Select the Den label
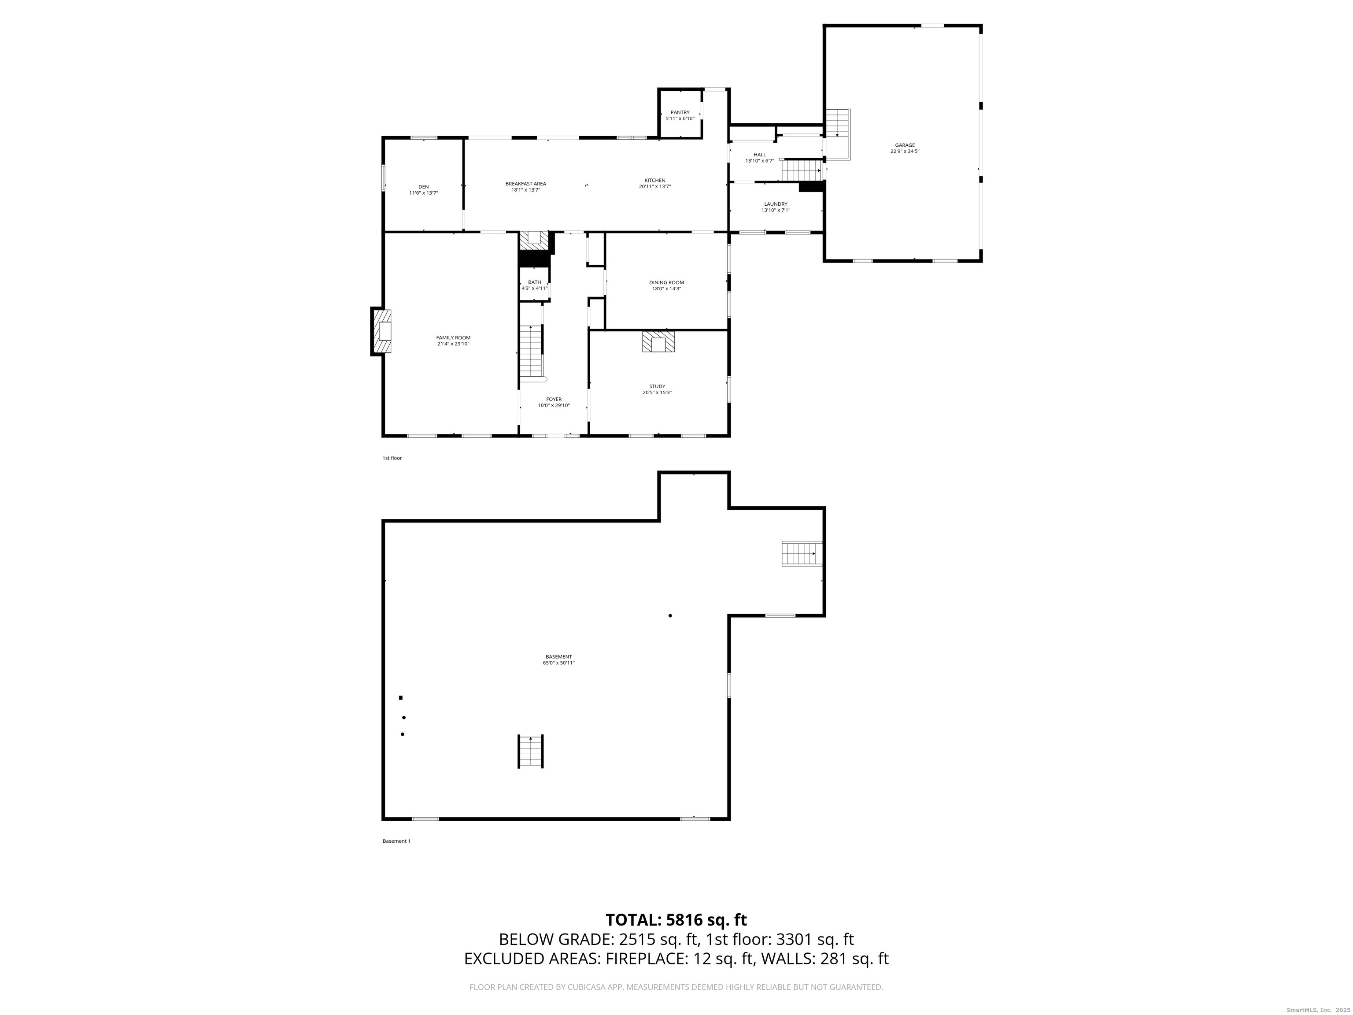(423, 187)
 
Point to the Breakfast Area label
(525, 184)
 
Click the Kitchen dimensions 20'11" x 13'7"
(654, 187)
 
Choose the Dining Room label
(666, 283)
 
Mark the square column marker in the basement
(401, 697)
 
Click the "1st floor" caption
(392, 458)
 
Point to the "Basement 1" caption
(396, 841)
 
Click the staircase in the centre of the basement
(531, 751)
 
